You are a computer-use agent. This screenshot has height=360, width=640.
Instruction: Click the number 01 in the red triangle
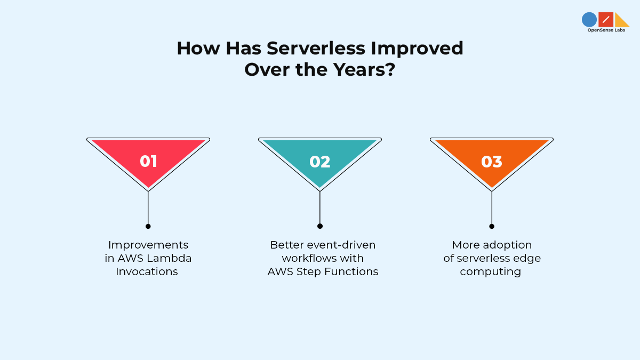click(x=148, y=162)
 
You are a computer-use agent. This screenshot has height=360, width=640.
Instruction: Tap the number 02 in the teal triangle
click(x=320, y=162)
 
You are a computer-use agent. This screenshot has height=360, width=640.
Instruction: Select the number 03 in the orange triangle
click(x=492, y=162)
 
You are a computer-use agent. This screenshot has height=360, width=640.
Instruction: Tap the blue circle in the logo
click(x=589, y=20)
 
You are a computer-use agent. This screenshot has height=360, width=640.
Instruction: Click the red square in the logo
click(x=606, y=20)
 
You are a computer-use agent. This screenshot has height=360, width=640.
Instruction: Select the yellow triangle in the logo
click(x=621, y=21)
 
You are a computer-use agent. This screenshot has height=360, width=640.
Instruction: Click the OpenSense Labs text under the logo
click(x=606, y=30)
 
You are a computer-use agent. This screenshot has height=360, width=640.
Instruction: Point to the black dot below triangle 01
click(x=148, y=226)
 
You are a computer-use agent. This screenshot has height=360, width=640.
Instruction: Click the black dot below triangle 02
click(x=320, y=226)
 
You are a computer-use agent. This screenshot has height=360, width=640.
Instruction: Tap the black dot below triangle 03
click(x=492, y=226)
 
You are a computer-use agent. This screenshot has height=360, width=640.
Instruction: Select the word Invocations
click(x=147, y=271)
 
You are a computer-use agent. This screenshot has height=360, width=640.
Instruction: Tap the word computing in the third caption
click(x=491, y=271)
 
